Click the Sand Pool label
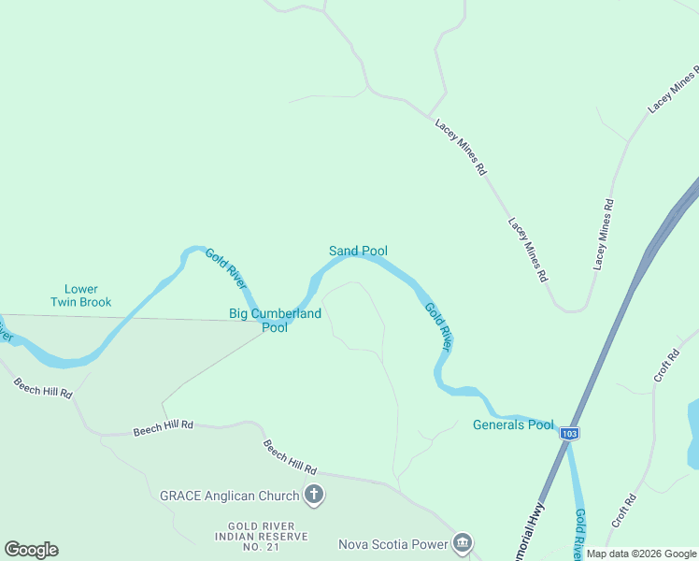(x=358, y=251)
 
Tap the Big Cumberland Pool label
(x=275, y=321)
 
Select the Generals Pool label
(x=513, y=424)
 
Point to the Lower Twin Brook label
(x=80, y=295)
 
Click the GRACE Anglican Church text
(x=229, y=496)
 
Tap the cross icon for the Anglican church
(x=315, y=496)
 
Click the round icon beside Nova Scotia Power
(x=463, y=543)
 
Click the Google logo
(x=31, y=550)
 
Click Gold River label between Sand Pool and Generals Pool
(x=438, y=326)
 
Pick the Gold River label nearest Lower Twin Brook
(x=225, y=268)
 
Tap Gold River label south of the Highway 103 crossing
(x=580, y=534)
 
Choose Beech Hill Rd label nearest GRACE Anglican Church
(x=290, y=457)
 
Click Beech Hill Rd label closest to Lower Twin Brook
(x=42, y=383)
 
